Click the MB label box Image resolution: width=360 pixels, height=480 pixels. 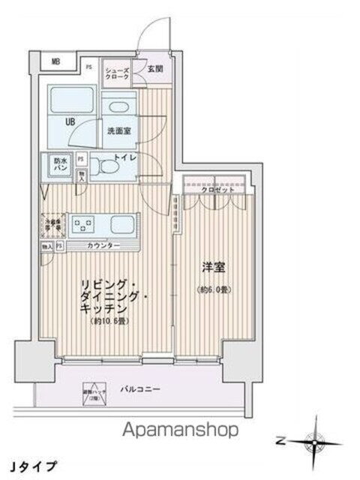(x=57, y=62)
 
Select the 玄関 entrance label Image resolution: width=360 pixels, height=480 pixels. (x=154, y=68)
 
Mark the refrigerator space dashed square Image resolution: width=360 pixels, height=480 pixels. (x=52, y=224)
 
